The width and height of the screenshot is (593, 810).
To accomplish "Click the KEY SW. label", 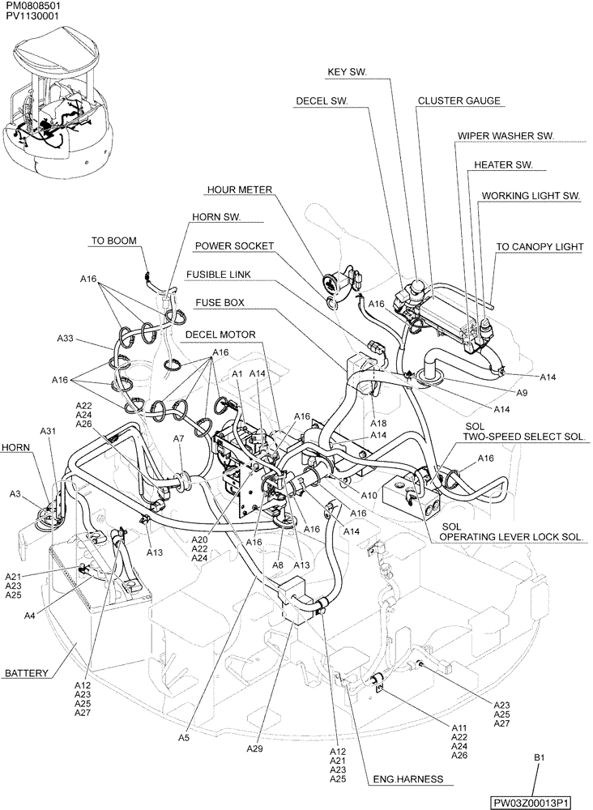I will pos(347,72).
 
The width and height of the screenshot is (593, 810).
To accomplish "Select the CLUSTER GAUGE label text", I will pos(459,101).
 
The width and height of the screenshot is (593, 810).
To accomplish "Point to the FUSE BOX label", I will pos(220,303).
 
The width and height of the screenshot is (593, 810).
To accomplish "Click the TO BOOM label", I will pos(113,241).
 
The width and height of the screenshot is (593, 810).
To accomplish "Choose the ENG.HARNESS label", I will pos(407,779).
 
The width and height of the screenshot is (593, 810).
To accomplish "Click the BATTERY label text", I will pos(27,673).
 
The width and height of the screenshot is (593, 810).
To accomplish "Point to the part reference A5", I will pos(184,737).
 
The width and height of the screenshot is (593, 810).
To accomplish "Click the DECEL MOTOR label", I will pos(220,334).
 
